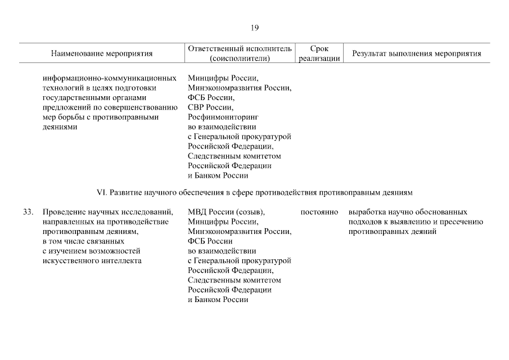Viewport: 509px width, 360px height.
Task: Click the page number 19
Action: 254,28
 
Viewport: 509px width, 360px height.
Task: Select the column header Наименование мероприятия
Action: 102,54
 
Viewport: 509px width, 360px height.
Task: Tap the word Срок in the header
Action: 319,49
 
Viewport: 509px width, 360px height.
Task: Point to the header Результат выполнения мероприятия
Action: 416,54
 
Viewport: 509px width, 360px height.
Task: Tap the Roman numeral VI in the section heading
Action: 102,192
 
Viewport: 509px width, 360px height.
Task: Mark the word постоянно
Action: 319,212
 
